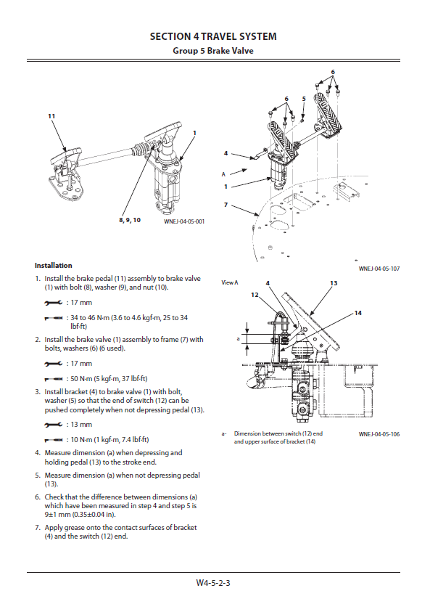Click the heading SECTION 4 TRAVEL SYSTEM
click(x=213, y=37)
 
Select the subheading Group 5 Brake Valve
click(x=213, y=51)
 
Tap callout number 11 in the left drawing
click(x=51, y=116)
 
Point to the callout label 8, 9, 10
click(x=130, y=220)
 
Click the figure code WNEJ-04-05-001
click(x=184, y=221)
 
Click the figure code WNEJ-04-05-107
click(x=379, y=269)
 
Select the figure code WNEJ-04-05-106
click(x=379, y=434)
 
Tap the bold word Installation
click(x=54, y=266)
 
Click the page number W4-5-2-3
click(x=213, y=583)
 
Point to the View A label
click(x=230, y=282)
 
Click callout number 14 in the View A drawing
click(x=358, y=313)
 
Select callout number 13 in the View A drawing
click(x=334, y=283)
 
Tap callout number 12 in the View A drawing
click(x=255, y=295)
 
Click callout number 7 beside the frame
click(x=226, y=205)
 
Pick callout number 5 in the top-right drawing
click(x=304, y=99)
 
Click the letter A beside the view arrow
click(x=223, y=174)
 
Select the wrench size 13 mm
click(x=81, y=424)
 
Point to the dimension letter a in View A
click(x=238, y=339)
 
